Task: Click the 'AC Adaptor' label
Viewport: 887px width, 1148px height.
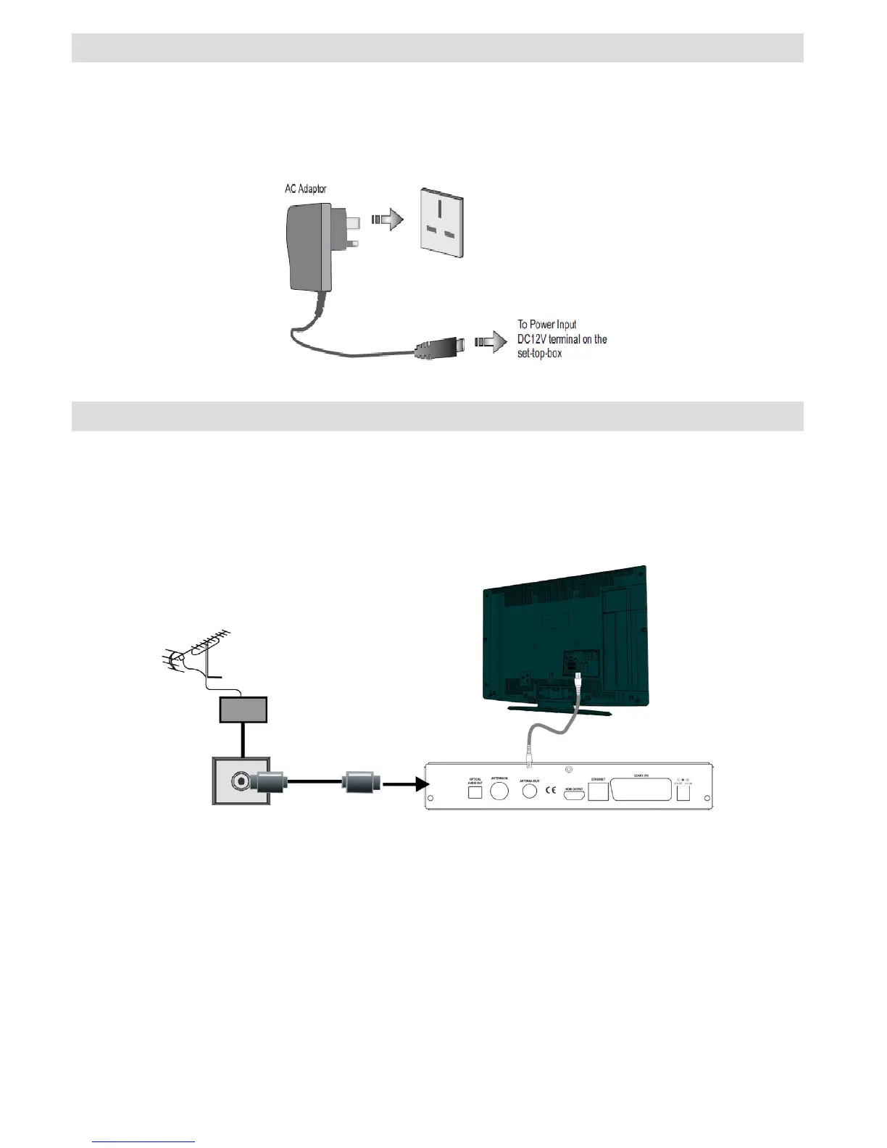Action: (305, 189)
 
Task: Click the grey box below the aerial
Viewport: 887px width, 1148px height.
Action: (243, 710)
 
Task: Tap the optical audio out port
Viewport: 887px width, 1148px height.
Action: (475, 792)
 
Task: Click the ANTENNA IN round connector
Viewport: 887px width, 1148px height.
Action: (499, 789)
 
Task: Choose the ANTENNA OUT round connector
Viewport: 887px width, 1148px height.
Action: (530, 791)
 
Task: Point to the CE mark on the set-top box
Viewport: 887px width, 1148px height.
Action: (551, 790)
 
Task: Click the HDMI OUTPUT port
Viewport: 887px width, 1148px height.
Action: (574, 795)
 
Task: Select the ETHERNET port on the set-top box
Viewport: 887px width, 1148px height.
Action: (598, 791)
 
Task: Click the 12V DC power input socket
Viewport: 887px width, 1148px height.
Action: (683, 792)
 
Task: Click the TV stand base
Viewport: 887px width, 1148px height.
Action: (559, 709)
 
